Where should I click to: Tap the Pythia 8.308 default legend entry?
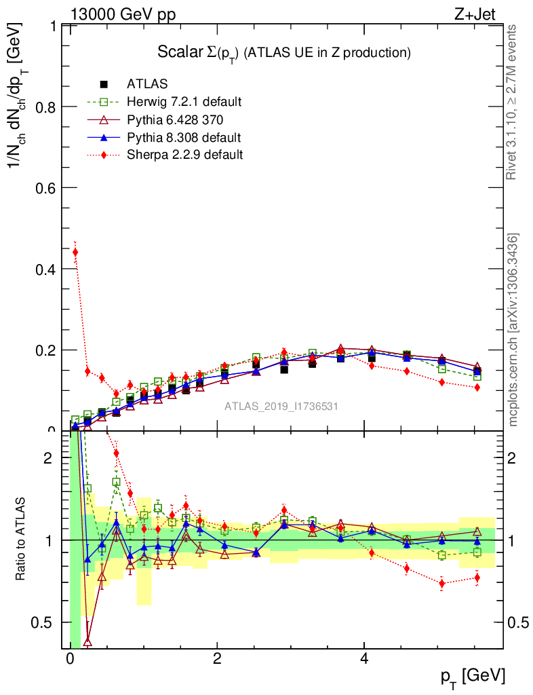click(x=184, y=137)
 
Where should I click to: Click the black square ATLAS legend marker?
click(x=104, y=84)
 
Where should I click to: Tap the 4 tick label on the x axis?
click(x=364, y=659)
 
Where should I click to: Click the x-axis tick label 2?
click(x=217, y=659)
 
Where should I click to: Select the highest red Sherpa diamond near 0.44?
click(x=75, y=252)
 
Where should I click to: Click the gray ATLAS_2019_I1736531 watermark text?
click(x=281, y=407)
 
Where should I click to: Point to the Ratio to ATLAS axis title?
click(x=21, y=540)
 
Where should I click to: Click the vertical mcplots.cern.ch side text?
click(x=513, y=330)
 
